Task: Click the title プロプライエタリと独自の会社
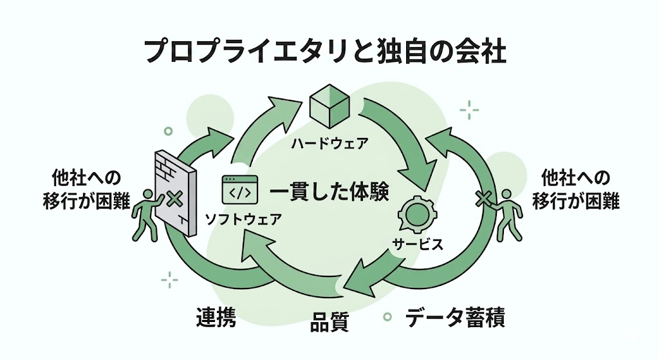click(325, 52)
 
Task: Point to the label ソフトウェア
click(243, 218)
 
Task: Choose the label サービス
click(418, 244)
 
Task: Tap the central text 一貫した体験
click(329, 191)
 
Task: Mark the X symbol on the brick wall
click(174, 199)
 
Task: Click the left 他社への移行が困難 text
click(87, 189)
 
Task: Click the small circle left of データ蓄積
click(387, 317)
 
